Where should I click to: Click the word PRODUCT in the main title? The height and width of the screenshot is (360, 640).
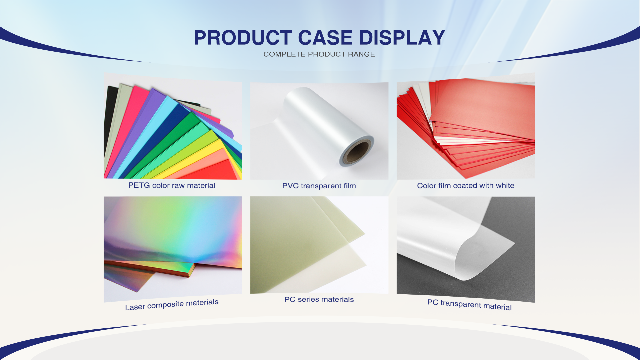[x=243, y=38]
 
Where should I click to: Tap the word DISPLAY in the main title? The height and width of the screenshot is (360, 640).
[x=402, y=38]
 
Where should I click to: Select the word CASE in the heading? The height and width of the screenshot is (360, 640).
[x=325, y=38]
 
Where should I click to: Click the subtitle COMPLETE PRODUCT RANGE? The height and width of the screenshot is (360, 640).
[x=319, y=54]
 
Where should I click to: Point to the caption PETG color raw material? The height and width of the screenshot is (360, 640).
[x=172, y=185]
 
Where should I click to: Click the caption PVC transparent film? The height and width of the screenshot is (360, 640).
[x=319, y=186]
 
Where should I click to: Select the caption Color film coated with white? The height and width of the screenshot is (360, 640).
[x=465, y=185]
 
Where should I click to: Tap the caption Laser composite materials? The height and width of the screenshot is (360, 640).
[x=172, y=305]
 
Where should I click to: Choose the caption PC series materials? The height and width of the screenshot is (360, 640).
[x=319, y=299]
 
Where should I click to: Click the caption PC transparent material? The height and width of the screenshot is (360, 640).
[x=469, y=305]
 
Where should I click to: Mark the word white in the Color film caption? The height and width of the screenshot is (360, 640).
[x=505, y=185]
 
